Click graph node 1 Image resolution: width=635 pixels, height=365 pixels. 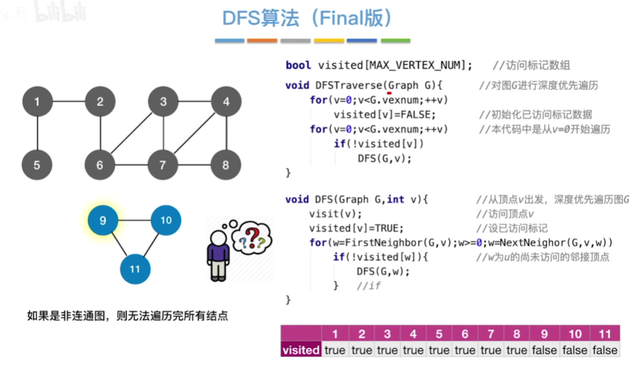(37, 102)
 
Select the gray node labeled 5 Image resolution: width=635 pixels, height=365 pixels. (37, 165)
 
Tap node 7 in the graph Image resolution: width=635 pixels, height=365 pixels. (163, 165)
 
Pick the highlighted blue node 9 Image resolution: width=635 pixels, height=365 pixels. (103, 221)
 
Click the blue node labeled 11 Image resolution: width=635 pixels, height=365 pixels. (135, 269)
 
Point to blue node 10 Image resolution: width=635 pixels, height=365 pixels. (166, 221)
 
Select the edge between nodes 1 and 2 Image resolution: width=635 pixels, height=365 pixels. (68, 102)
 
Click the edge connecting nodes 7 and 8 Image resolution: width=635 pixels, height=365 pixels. (195, 165)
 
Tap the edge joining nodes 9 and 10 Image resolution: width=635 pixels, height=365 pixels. (134, 221)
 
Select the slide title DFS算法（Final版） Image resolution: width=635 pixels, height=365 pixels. (308, 19)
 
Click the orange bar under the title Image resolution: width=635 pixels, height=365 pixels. (262, 41)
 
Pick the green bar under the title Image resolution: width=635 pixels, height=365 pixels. (395, 41)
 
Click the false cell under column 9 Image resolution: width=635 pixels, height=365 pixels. (544, 350)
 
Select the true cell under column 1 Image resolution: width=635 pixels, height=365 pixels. (335, 350)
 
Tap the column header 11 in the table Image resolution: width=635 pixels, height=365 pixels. (604, 333)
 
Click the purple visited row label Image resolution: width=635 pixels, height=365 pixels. (301, 350)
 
